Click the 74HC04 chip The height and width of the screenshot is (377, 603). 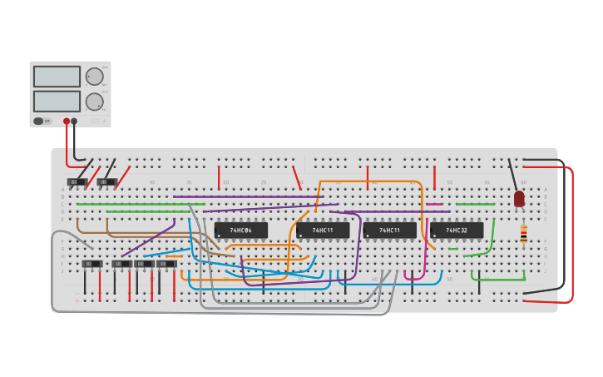[241, 230]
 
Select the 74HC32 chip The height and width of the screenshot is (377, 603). [457, 230]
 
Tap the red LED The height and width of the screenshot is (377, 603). [519, 198]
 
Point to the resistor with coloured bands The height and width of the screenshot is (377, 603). [523, 234]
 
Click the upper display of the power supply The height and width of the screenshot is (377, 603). [57, 77]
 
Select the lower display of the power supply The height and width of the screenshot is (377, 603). [57, 102]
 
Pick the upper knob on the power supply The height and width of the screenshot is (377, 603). [95, 77]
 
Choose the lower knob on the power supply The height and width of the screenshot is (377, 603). [95, 102]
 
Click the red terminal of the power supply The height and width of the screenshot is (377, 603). [67, 122]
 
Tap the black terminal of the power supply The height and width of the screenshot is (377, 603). [74, 122]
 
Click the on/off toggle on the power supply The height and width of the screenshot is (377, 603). [38, 122]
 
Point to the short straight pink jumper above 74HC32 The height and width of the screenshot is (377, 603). [435, 204]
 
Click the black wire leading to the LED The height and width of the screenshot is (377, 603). [513, 175]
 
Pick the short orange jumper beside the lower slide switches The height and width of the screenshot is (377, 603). [174, 256]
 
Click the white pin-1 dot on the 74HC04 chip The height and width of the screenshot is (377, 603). [219, 236]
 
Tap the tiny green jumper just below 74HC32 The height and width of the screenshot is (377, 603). [452, 248]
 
